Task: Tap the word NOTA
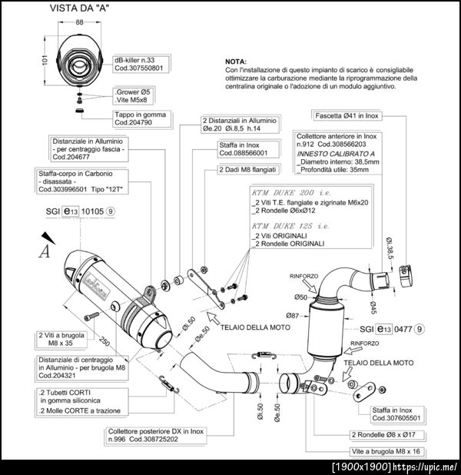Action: tap(236, 61)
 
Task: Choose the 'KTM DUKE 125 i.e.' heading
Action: tap(290, 226)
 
